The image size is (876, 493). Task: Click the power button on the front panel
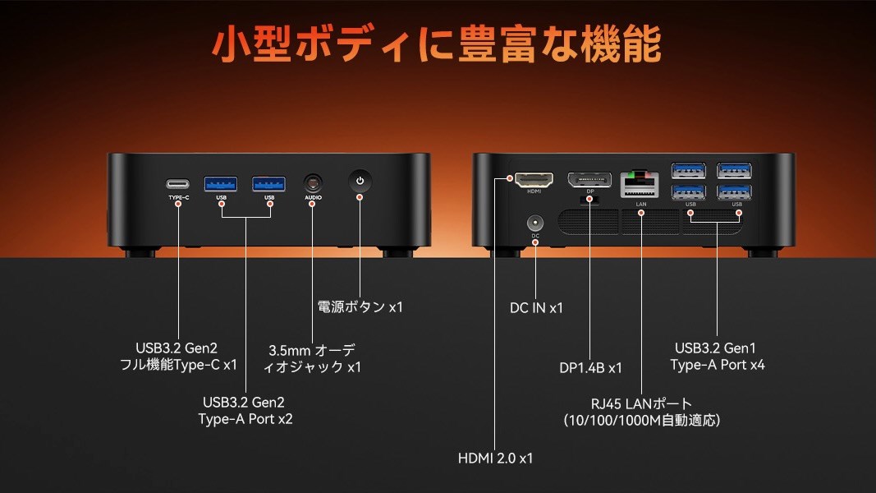coord(359,180)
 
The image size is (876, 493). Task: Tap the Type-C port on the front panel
coord(178,183)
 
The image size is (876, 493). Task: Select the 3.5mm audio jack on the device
coord(312,182)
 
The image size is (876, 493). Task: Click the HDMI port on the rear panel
coord(534,178)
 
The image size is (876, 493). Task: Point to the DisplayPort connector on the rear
coord(589,179)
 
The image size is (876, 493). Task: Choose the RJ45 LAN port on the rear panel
coord(640,180)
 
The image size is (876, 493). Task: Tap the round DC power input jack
coord(535,223)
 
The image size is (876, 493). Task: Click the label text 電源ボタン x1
coord(360,307)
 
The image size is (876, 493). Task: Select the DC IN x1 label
coord(536,308)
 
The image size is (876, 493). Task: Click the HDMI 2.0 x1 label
coord(495,458)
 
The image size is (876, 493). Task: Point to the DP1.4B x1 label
coord(590,368)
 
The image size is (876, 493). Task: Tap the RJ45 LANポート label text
coord(641,403)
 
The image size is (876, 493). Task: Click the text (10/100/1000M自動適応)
coord(641,421)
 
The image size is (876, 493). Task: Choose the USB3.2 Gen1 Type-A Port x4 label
coord(717,356)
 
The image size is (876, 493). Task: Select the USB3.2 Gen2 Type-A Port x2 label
coord(245,410)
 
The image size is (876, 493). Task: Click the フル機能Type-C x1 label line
coord(178,364)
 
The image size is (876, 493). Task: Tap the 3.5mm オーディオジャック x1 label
coord(311,358)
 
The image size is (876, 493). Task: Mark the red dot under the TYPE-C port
coord(178,202)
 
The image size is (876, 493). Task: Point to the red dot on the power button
coord(359,197)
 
